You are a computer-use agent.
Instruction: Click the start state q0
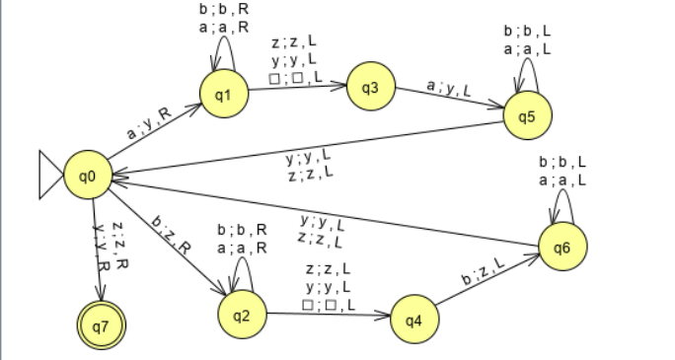click(86, 176)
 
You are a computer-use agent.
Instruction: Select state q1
click(223, 94)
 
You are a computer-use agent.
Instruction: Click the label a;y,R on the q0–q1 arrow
click(149, 122)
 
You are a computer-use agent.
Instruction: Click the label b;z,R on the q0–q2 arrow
click(169, 233)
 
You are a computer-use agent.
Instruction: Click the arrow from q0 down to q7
click(95, 247)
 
